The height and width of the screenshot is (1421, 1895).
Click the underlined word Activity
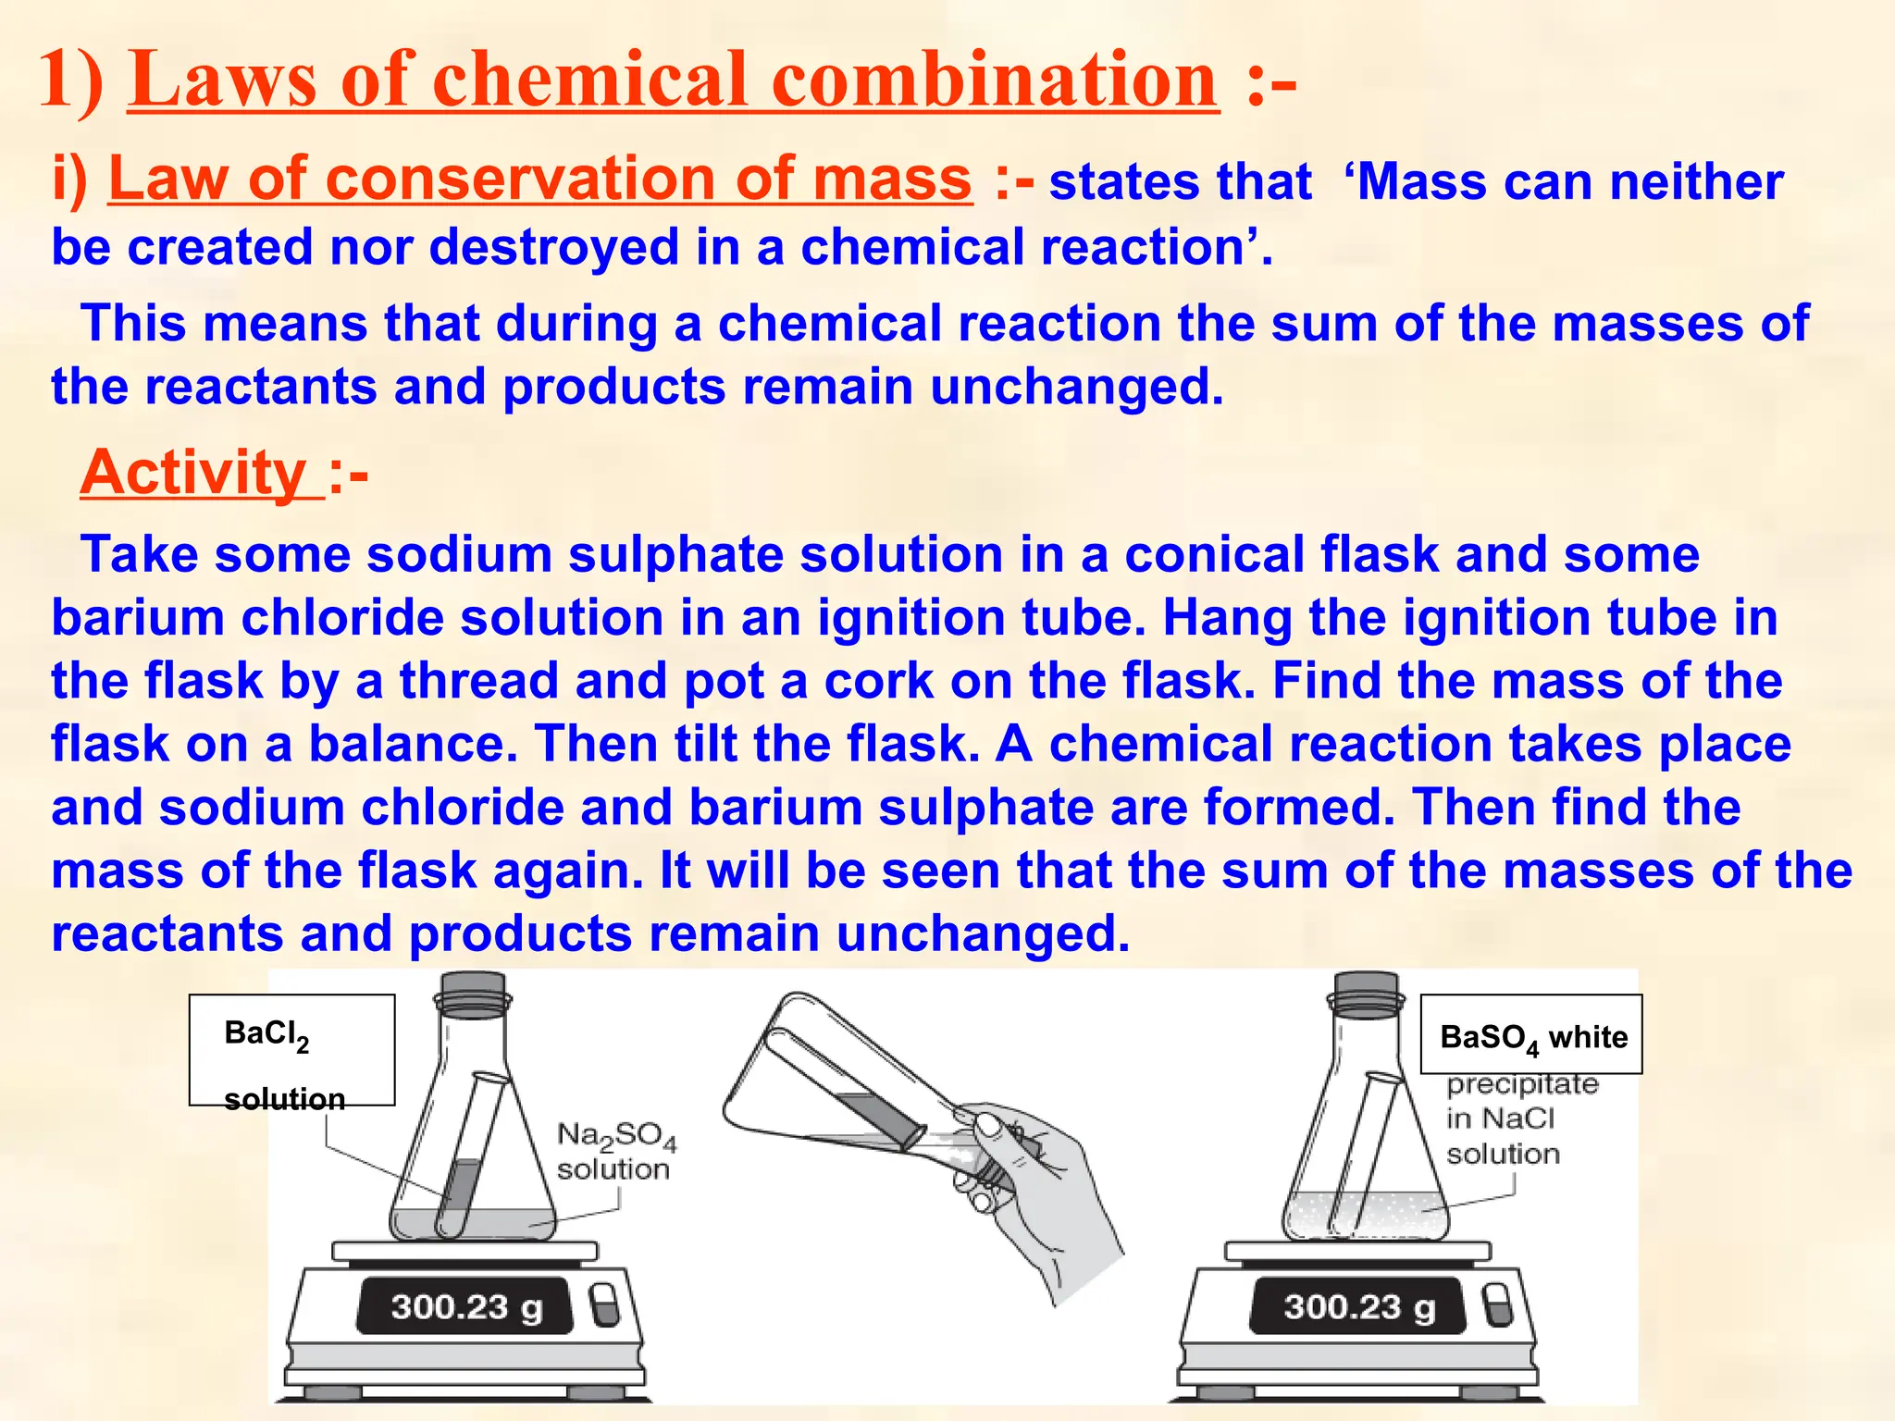193,473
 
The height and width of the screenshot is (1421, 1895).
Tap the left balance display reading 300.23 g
465,1306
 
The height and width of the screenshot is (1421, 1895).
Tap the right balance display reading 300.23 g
1358,1306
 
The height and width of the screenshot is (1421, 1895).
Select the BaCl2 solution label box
291,1050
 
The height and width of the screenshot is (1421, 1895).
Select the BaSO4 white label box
1531,1035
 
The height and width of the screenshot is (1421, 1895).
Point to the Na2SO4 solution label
615,1151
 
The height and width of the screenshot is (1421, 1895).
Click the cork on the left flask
473,993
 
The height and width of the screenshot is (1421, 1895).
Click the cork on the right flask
1366,993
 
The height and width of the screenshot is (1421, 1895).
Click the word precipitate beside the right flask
1522,1084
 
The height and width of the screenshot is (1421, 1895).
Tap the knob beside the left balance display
604,1304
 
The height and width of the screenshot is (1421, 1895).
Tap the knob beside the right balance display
1497,1304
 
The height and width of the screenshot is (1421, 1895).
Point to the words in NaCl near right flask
1500,1119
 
